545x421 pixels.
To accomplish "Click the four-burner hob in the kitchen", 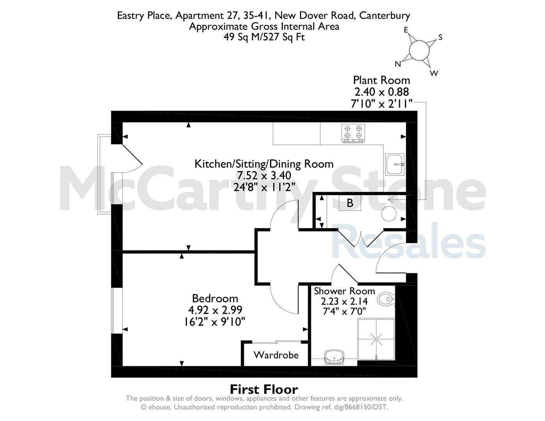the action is [x=353, y=134].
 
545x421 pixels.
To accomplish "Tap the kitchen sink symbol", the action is [x=395, y=165].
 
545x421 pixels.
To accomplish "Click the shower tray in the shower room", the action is [x=376, y=339].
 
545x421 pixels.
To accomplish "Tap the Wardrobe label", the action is [x=276, y=355].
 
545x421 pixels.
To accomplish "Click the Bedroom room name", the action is [x=215, y=299].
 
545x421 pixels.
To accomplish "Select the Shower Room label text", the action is [x=344, y=291].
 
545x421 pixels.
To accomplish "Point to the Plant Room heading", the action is [x=382, y=80].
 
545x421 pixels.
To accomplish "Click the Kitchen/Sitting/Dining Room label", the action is [x=264, y=164].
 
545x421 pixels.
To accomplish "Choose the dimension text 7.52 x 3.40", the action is [x=264, y=175].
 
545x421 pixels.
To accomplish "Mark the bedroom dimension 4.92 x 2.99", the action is [x=215, y=310].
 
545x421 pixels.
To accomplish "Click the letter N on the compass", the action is [x=398, y=64].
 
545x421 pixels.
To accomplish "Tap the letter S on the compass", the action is [x=440, y=37].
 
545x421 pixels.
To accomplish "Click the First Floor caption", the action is [x=264, y=389].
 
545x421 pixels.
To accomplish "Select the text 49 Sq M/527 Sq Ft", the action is [x=264, y=37].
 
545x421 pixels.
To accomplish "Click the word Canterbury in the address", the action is [x=385, y=16].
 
